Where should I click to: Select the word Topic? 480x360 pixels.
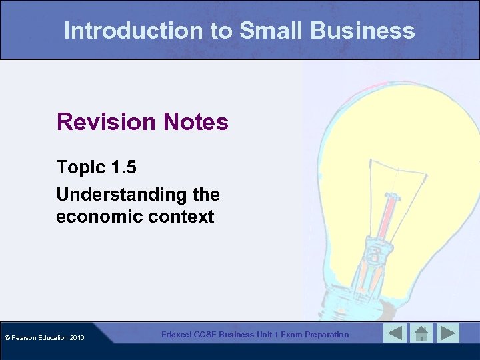pos(79,167)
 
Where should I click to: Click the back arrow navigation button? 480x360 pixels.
pos(395,333)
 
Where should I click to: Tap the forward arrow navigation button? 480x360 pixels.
pos(447,333)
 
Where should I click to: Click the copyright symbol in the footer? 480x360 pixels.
pos(7,338)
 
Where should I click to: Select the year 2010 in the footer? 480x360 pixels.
pos(76,338)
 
